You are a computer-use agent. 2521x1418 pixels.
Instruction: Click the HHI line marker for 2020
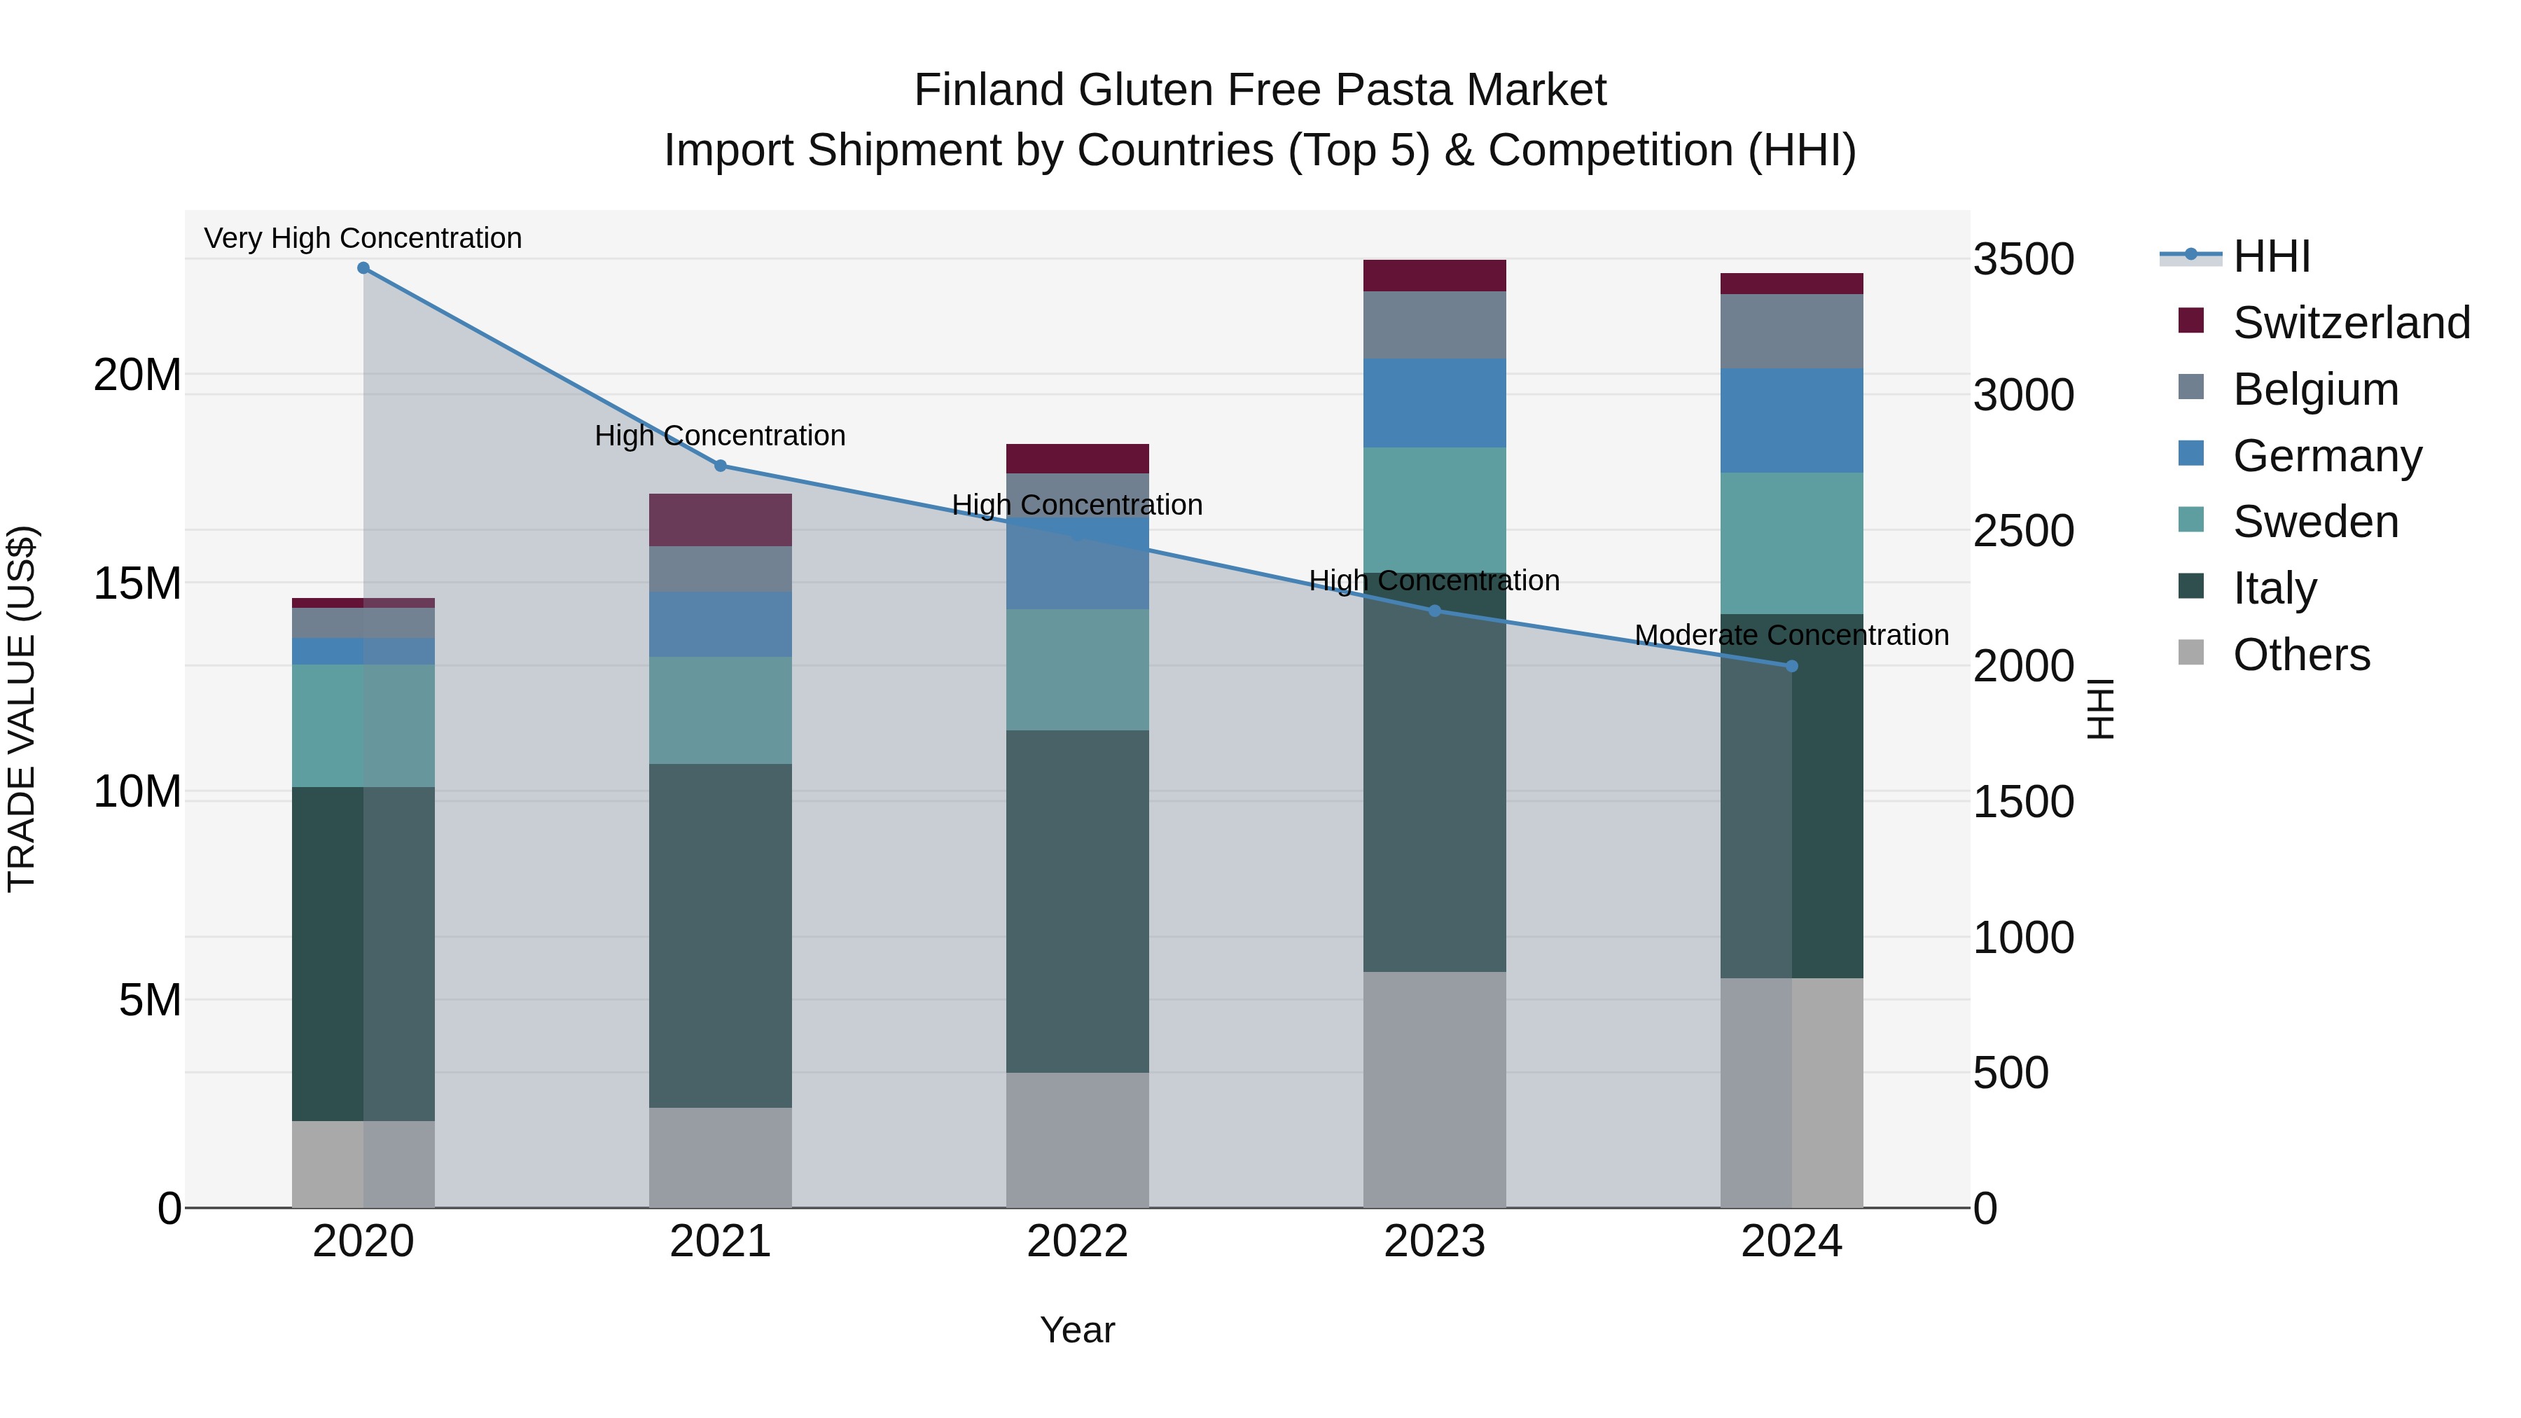363,268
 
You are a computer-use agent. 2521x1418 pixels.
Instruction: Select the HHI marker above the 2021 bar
721,466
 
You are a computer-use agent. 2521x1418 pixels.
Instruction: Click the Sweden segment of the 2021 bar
721,711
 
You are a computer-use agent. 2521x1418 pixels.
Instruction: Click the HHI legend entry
2270,256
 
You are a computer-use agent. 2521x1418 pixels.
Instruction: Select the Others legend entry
2300,655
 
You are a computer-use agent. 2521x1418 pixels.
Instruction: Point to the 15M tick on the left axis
137,583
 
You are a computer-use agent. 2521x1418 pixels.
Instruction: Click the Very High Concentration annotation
363,239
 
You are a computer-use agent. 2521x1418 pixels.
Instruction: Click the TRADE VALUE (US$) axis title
22,709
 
